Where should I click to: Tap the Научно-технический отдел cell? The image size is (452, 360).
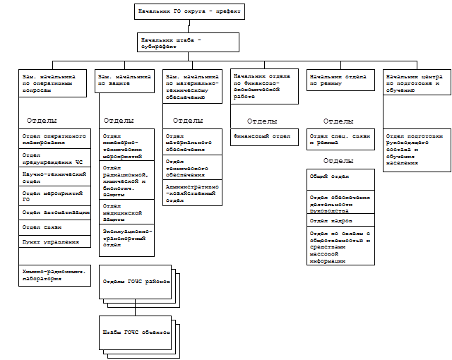pyautogui.click(x=55, y=176)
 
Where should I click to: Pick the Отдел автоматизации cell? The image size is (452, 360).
pyautogui.click(x=55, y=212)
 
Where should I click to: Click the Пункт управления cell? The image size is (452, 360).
pyautogui.click(x=55, y=241)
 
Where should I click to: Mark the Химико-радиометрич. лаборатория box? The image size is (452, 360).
pyautogui.click(x=55, y=275)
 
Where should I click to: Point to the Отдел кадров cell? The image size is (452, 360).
pyautogui.click(x=341, y=220)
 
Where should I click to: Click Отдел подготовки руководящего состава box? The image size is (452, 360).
pyautogui.click(x=417, y=149)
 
